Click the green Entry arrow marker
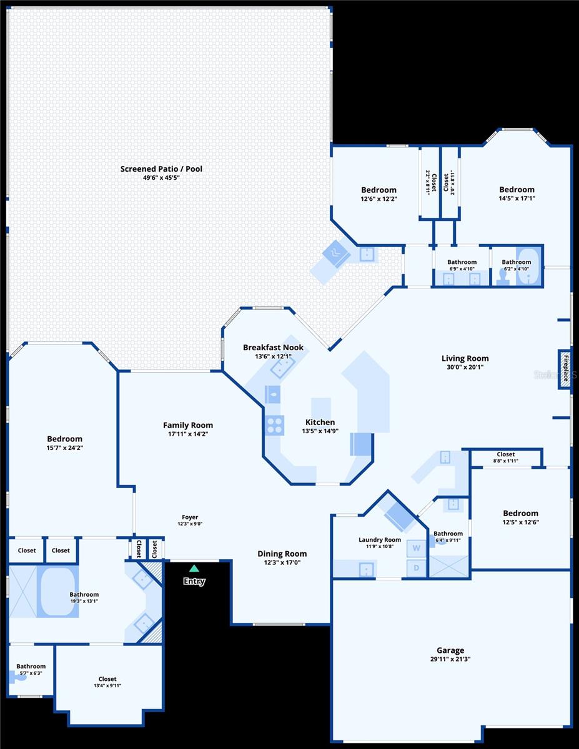(x=194, y=568)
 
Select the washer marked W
(x=415, y=549)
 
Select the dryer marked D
(x=415, y=568)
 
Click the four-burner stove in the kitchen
(x=274, y=425)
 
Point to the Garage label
(x=450, y=650)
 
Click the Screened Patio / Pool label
(x=161, y=169)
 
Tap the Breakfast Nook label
(x=273, y=347)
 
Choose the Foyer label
(x=190, y=517)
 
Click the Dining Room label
(x=282, y=554)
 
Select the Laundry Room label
(x=379, y=540)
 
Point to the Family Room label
(x=188, y=425)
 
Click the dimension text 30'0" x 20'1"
(x=465, y=367)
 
